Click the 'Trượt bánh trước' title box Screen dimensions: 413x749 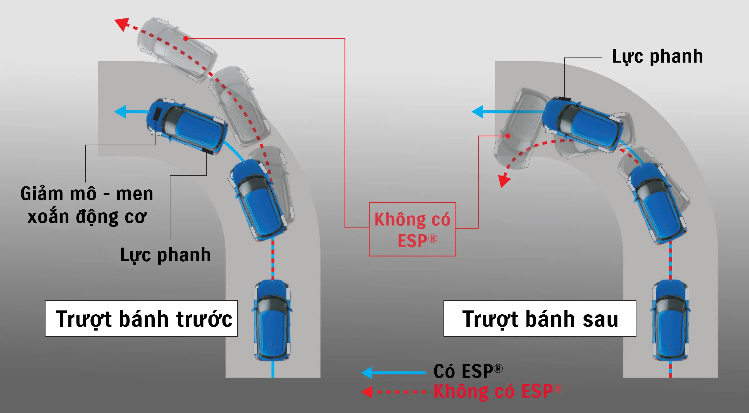tap(141, 318)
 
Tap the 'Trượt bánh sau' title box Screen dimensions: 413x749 tap(540, 318)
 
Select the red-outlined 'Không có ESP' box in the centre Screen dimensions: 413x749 tap(412, 229)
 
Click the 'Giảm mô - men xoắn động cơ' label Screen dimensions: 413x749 tap(87, 205)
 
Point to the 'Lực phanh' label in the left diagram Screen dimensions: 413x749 tap(165, 255)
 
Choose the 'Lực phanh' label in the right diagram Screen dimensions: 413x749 tap(657, 56)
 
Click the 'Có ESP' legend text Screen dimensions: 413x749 tap(468, 371)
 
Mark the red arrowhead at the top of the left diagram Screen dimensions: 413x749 tap(122, 24)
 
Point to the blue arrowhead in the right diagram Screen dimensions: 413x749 tap(477, 111)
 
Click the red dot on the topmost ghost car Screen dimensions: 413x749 tap(186, 38)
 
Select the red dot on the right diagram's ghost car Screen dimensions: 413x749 tap(508, 136)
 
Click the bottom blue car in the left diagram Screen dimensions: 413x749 tap(272, 320)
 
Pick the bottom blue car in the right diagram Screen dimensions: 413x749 tap(670, 320)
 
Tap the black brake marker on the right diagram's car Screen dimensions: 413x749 tap(564, 98)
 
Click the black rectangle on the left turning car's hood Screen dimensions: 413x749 tap(157, 114)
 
